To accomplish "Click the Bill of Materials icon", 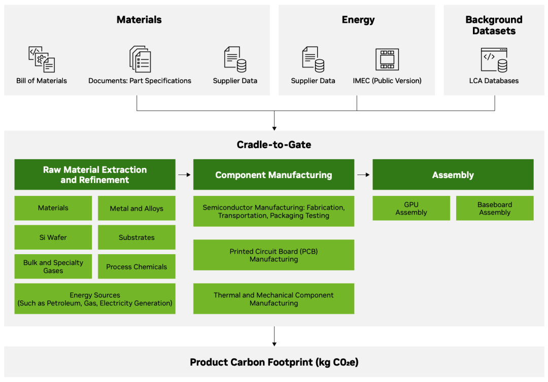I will coord(42,59).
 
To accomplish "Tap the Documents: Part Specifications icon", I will coord(140,59).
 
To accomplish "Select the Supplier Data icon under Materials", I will coord(235,59).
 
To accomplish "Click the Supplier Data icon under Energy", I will coord(313,59).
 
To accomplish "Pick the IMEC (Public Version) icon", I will coord(387,59).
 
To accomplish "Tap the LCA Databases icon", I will coord(494,59).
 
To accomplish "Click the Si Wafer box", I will coord(53,237).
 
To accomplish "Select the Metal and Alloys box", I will coord(136,208).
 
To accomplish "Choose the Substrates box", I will coord(136,237).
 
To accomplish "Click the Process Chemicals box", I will coord(136,267).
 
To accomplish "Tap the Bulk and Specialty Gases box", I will coord(53,267).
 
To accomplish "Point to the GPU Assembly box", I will coord(411,209).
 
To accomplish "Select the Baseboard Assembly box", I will coord(495,209).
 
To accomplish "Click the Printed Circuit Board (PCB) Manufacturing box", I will coord(273,255).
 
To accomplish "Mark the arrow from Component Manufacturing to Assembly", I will coord(363,175).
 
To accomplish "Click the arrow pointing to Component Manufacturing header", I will coord(184,175).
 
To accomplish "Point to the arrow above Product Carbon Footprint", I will coord(274,336).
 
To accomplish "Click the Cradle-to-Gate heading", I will coord(274,145).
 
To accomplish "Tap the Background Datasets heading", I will coord(494,25).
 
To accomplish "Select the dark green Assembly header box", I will coord(453,175).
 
